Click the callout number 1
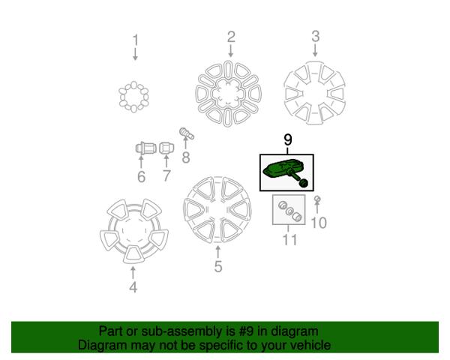[x=136, y=39]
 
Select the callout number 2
[x=231, y=35]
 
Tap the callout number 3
[x=315, y=35]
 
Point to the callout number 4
[x=133, y=287]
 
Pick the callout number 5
[x=217, y=265]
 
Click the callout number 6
[x=140, y=177]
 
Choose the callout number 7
[x=166, y=177]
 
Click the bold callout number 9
[x=287, y=139]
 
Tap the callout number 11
[x=289, y=240]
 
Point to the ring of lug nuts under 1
[x=135, y=96]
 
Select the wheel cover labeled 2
[x=230, y=94]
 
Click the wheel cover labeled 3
[x=316, y=94]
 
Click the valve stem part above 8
[x=186, y=136]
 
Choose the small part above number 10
[x=317, y=199]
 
